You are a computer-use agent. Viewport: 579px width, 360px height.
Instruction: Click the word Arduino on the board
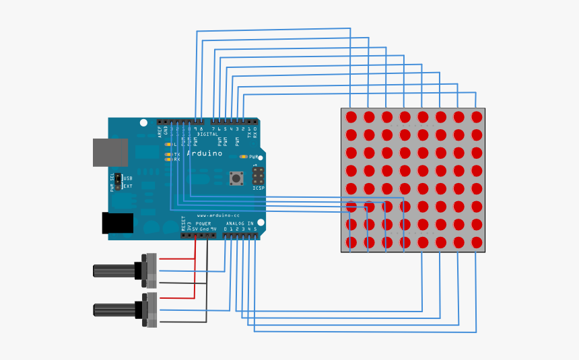coord(205,153)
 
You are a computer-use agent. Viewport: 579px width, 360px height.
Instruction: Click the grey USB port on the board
coord(110,152)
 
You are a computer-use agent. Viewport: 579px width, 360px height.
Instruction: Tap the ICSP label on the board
coord(259,188)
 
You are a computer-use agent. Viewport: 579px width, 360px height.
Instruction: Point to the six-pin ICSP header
coord(259,176)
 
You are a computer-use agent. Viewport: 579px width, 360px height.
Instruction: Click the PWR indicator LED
coord(244,157)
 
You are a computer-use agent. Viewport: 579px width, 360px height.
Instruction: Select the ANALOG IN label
coord(240,223)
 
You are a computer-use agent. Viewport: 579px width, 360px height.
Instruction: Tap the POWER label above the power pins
coord(203,223)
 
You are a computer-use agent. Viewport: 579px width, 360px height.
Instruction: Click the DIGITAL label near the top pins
coord(207,134)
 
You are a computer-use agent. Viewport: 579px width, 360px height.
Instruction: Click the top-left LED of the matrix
coord(351,117)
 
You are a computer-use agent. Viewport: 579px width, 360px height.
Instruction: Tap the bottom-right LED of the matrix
coord(477,242)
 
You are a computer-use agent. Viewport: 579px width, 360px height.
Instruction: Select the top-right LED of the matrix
coord(477,117)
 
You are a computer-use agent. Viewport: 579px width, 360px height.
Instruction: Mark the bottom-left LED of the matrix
coord(351,242)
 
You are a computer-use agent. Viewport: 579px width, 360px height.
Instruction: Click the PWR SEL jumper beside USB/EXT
coord(118,182)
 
